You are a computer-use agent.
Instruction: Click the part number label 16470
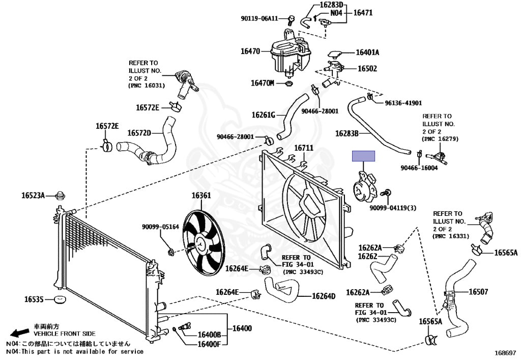250,51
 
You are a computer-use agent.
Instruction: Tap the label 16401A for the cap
367,52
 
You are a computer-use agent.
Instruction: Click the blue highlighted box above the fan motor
364,156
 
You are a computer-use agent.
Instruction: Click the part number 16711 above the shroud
304,148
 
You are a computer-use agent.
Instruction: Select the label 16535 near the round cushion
34,298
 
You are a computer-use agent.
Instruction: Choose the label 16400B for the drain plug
209,335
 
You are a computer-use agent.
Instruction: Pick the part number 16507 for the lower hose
478,292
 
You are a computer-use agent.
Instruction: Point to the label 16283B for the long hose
348,134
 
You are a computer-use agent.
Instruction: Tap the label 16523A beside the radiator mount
33,195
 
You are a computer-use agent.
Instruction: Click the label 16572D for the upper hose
139,133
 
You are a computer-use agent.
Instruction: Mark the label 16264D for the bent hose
324,296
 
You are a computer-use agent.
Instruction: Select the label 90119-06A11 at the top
259,19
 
